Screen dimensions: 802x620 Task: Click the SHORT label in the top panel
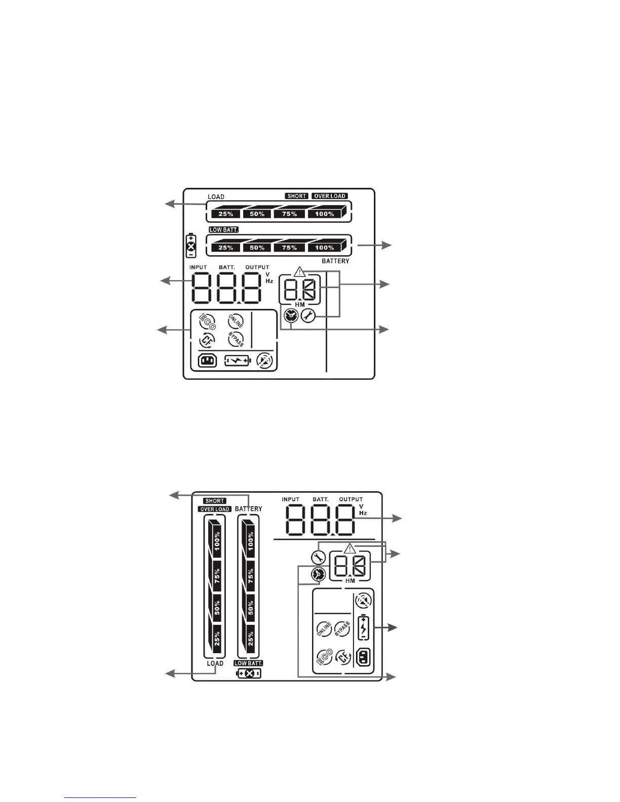(x=296, y=196)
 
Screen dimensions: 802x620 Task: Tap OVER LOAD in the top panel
(x=330, y=196)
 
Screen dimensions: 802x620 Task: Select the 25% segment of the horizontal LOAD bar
(x=225, y=214)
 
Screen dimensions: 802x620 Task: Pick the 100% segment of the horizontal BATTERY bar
(x=325, y=248)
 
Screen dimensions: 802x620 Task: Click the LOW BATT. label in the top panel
(x=223, y=230)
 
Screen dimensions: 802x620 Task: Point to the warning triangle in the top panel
(x=300, y=271)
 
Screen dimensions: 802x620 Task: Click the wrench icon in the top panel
(x=308, y=316)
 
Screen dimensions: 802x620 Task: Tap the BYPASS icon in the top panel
(x=236, y=340)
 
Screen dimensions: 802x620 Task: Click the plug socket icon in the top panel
(x=207, y=361)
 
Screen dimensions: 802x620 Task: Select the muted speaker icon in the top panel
(x=264, y=361)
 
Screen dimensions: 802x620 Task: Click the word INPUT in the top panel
(x=198, y=267)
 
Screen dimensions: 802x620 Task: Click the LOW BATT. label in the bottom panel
(x=248, y=663)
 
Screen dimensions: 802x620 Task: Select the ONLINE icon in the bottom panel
(x=324, y=629)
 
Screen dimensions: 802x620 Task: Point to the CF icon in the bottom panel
(x=344, y=657)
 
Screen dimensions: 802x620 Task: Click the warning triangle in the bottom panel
(x=350, y=548)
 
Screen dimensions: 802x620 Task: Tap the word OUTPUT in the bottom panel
(x=351, y=499)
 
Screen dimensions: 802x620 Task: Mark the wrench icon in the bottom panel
(x=318, y=558)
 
